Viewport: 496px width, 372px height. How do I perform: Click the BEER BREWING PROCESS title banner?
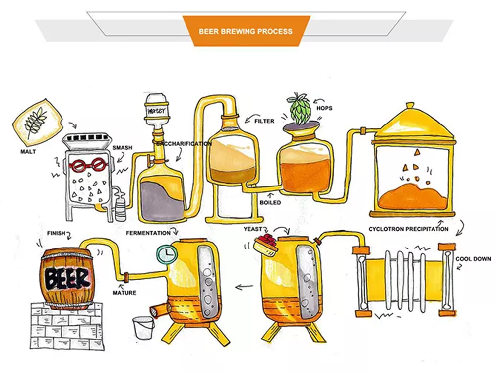246,31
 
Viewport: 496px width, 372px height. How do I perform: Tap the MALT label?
29,152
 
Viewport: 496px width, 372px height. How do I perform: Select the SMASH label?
122,148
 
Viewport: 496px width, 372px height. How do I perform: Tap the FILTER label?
264,121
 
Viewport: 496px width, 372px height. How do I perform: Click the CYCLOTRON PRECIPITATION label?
408,229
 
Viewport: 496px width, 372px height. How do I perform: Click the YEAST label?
253,229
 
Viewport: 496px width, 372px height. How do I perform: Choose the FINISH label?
56,233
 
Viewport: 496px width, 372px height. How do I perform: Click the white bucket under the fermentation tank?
143,327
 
